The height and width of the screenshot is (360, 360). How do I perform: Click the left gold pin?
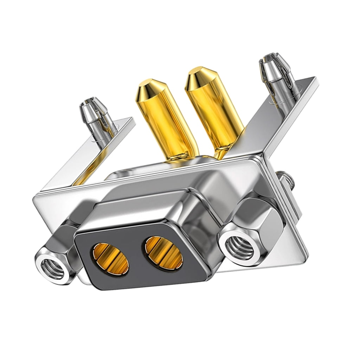pos(165,120)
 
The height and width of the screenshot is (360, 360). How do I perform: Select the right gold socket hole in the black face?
pos(164,251)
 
